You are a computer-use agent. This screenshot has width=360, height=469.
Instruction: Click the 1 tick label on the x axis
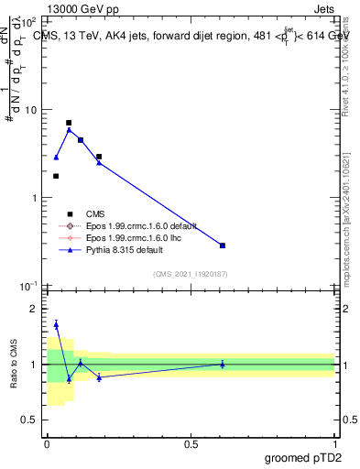335,443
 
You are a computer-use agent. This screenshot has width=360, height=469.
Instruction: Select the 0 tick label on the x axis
47,443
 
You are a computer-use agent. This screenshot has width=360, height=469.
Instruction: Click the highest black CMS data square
69,123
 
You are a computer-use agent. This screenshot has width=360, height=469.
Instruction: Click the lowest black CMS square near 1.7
56,176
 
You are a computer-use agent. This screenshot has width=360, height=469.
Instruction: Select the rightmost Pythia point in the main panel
223,245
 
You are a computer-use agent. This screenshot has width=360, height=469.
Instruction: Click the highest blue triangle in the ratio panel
56,324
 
